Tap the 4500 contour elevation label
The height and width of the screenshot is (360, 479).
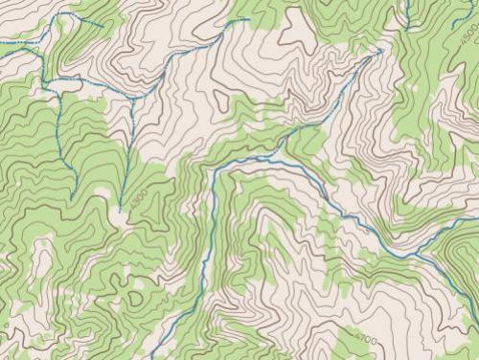[x=468, y=36]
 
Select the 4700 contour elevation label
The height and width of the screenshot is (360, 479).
[x=366, y=340]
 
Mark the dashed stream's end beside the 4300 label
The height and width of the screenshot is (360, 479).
[x=120, y=210]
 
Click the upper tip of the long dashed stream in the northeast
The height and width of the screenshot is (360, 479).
[x=380, y=50]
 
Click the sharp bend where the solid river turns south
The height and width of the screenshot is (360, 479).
[x=212, y=173]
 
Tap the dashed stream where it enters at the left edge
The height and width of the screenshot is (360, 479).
[x=2, y=40]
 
